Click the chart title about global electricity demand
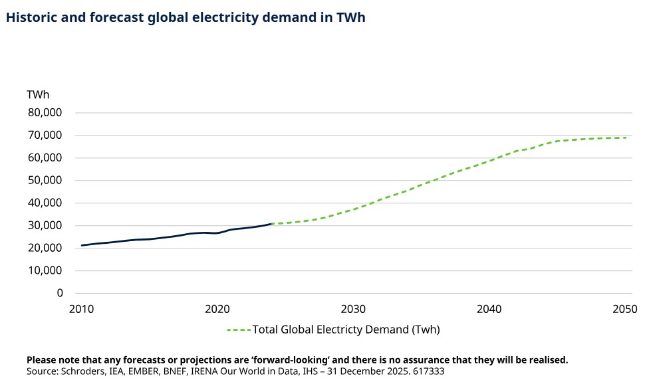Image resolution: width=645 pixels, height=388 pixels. pyautogui.click(x=186, y=18)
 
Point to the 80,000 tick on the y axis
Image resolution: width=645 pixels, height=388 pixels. pyautogui.click(x=45, y=113)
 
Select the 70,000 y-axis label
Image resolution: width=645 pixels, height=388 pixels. pyautogui.click(x=45, y=136)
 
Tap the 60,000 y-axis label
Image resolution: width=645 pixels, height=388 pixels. pyautogui.click(x=45, y=158)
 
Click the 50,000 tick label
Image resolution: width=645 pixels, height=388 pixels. pyautogui.click(x=45, y=181)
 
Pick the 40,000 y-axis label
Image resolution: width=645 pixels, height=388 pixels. pyautogui.click(x=45, y=203)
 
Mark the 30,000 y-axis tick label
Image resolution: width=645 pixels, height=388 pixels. pyautogui.click(x=45, y=226)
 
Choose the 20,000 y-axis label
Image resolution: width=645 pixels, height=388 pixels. pyautogui.click(x=45, y=248)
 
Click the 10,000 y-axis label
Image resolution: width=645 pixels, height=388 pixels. pyautogui.click(x=45, y=271)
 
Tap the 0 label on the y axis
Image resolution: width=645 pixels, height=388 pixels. pyautogui.click(x=59, y=293)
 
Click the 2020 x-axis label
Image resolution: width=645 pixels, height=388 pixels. pyautogui.click(x=217, y=309)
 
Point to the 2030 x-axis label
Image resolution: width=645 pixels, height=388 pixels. pyautogui.click(x=353, y=309)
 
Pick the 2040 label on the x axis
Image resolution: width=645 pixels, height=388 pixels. pyautogui.click(x=489, y=309)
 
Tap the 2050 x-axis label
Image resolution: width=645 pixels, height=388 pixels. pyautogui.click(x=624, y=309)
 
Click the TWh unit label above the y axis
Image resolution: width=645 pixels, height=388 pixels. pyautogui.click(x=38, y=94)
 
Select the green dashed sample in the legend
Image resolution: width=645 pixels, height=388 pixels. pyautogui.click(x=238, y=330)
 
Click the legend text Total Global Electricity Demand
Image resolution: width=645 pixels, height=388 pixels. pyautogui.click(x=346, y=330)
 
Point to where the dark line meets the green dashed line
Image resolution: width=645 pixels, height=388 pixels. pyautogui.click(x=271, y=224)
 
